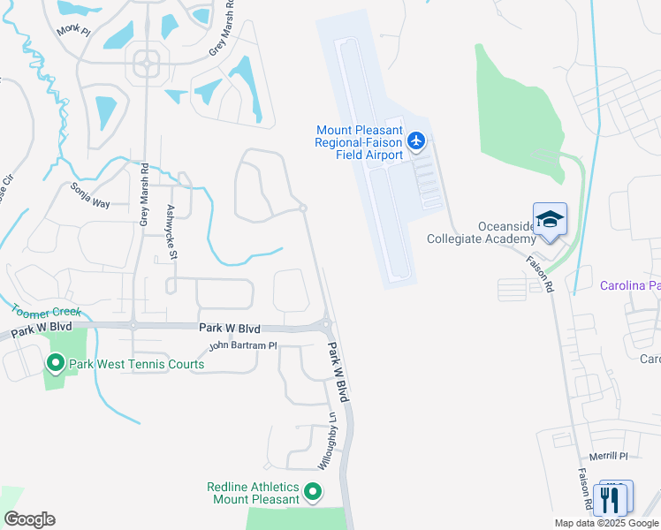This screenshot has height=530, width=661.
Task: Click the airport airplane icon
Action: (x=417, y=141)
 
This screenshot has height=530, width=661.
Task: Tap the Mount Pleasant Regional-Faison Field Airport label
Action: (x=360, y=142)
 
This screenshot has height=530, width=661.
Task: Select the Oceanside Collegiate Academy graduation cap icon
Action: (x=550, y=218)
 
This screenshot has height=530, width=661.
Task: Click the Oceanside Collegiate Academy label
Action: (x=482, y=233)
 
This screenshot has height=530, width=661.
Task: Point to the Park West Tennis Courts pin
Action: (x=55, y=363)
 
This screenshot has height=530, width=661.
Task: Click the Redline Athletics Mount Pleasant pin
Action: (x=312, y=492)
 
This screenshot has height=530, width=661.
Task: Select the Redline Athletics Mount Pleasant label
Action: (x=253, y=493)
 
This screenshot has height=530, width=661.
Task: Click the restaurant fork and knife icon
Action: (x=612, y=500)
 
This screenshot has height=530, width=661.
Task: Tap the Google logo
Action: (x=29, y=519)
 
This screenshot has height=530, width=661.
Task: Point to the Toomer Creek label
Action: (x=45, y=312)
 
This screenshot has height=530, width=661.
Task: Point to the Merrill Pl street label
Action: (x=610, y=456)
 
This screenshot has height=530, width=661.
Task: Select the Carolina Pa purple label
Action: (x=629, y=285)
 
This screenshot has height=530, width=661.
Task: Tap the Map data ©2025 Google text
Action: (x=605, y=523)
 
